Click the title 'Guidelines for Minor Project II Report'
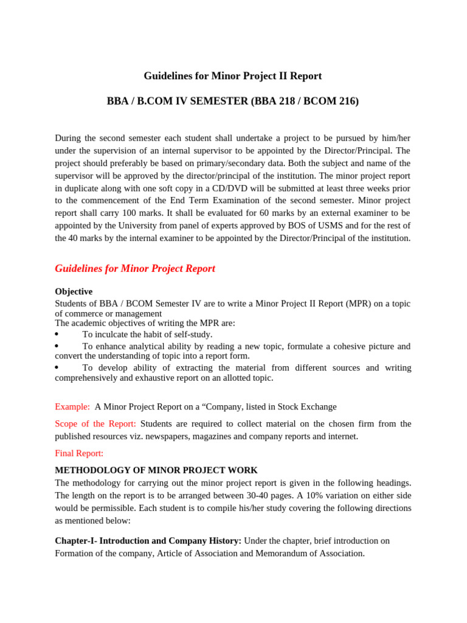pos(233,76)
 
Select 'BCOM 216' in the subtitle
pos(328,102)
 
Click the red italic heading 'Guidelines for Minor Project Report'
pos(135,268)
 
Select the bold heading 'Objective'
pos(74,291)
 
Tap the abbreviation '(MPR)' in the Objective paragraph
pos(361,304)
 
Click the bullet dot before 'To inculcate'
pos(57,334)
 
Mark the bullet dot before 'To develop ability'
pos(57,367)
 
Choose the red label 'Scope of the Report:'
pos(95,423)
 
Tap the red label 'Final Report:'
pos(79,453)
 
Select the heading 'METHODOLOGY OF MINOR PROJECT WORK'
pos(156,470)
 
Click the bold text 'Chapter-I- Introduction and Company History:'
pos(148,540)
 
